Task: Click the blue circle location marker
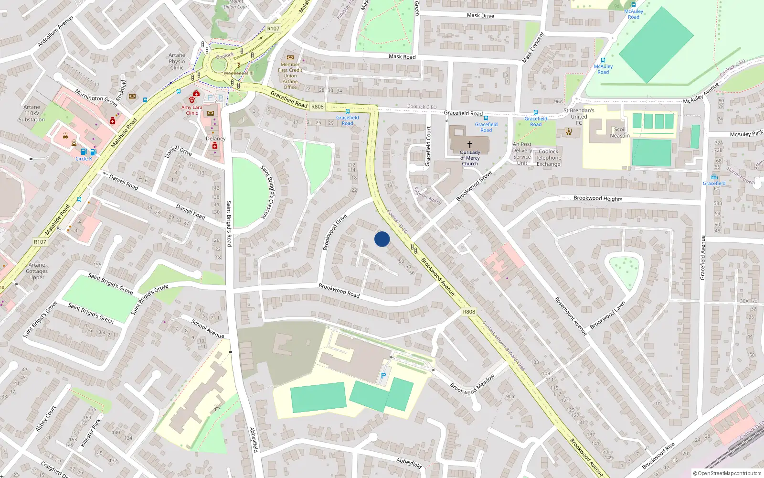pyautogui.click(x=382, y=239)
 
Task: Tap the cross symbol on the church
pyautogui.click(x=470, y=144)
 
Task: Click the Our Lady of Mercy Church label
pyautogui.click(x=470, y=158)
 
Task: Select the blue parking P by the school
pyautogui.click(x=383, y=376)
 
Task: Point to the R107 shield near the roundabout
pyautogui.click(x=273, y=29)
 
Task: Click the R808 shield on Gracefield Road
pyautogui.click(x=318, y=107)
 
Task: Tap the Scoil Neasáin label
pyautogui.click(x=620, y=132)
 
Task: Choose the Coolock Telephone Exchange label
pyautogui.click(x=548, y=158)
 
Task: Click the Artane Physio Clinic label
pyautogui.click(x=177, y=61)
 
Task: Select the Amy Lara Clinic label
pyautogui.click(x=191, y=110)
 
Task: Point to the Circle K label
pyautogui.click(x=84, y=159)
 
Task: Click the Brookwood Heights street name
pyautogui.click(x=598, y=198)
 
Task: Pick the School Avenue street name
pyautogui.click(x=208, y=329)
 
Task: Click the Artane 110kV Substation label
pyautogui.click(x=32, y=113)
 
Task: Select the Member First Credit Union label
pyautogui.click(x=290, y=76)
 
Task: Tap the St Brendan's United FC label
pyautogui.click(x=579, y=116)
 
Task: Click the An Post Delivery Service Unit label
pyautogui.click(x=522, y=153)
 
